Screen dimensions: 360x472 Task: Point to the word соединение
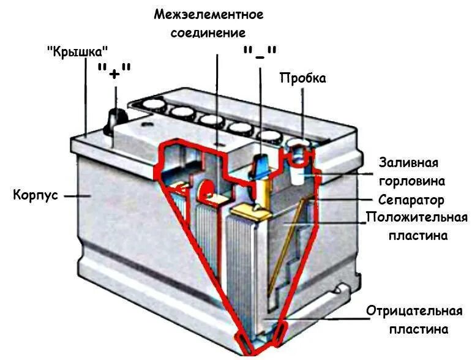click(x=209, y=32)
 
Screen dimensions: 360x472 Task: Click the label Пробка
click(x=302, y=78)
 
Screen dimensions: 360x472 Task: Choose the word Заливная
click(x=408, y=163)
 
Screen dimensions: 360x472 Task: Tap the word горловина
click(x=411, y=181)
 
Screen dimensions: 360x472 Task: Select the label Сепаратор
click(x=411, y=200)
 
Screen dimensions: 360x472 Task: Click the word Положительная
click(x=417, y=218)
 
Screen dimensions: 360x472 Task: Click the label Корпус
click(x=36, y=195)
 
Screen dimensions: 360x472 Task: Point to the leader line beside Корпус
click(x=77, y=196)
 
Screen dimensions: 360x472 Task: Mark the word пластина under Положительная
click(x=418, y=236)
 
